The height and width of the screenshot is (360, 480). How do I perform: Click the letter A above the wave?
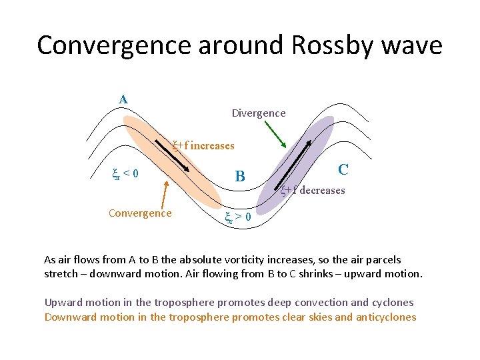coord(123,99)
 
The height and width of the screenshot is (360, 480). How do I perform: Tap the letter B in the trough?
coord(240,177)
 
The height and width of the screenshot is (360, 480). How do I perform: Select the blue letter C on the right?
coord(343,170)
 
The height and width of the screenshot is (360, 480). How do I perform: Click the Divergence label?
coord(259,113)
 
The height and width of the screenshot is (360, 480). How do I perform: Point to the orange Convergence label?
coord(140,213)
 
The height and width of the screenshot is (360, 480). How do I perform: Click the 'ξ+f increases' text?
coord(203,145)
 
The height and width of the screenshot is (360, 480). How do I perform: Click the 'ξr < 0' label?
coord(125,175)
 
